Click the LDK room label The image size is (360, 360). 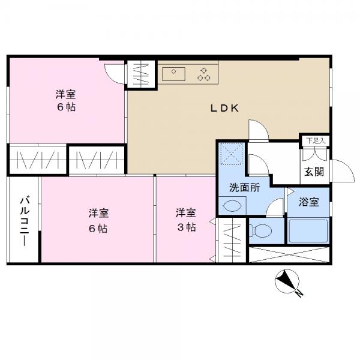tap(225, 108)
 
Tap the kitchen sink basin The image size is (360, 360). tap(173, 74)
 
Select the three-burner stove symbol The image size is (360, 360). tap(203, 74)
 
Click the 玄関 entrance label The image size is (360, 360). tap(314, 172)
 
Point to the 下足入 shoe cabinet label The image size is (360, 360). tap(316, 141)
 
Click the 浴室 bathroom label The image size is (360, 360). tap(309, 202)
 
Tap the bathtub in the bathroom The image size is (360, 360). tap(308, 231)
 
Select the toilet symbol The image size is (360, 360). tap(260, 230)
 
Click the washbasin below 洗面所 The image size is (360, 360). tap(232, 205)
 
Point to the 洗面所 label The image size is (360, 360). tap(245, 188)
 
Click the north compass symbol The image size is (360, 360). tap(287, 281)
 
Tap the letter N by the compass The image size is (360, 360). tap(299, 293)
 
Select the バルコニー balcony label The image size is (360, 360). tap(25, 221)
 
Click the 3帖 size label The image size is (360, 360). tap(186, 227)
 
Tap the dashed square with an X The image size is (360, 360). tap(231, 154)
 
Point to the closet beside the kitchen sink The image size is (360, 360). tap(141, 74)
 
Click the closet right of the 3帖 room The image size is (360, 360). tap(232, 240)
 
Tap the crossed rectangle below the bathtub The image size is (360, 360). tap(289, 254)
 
